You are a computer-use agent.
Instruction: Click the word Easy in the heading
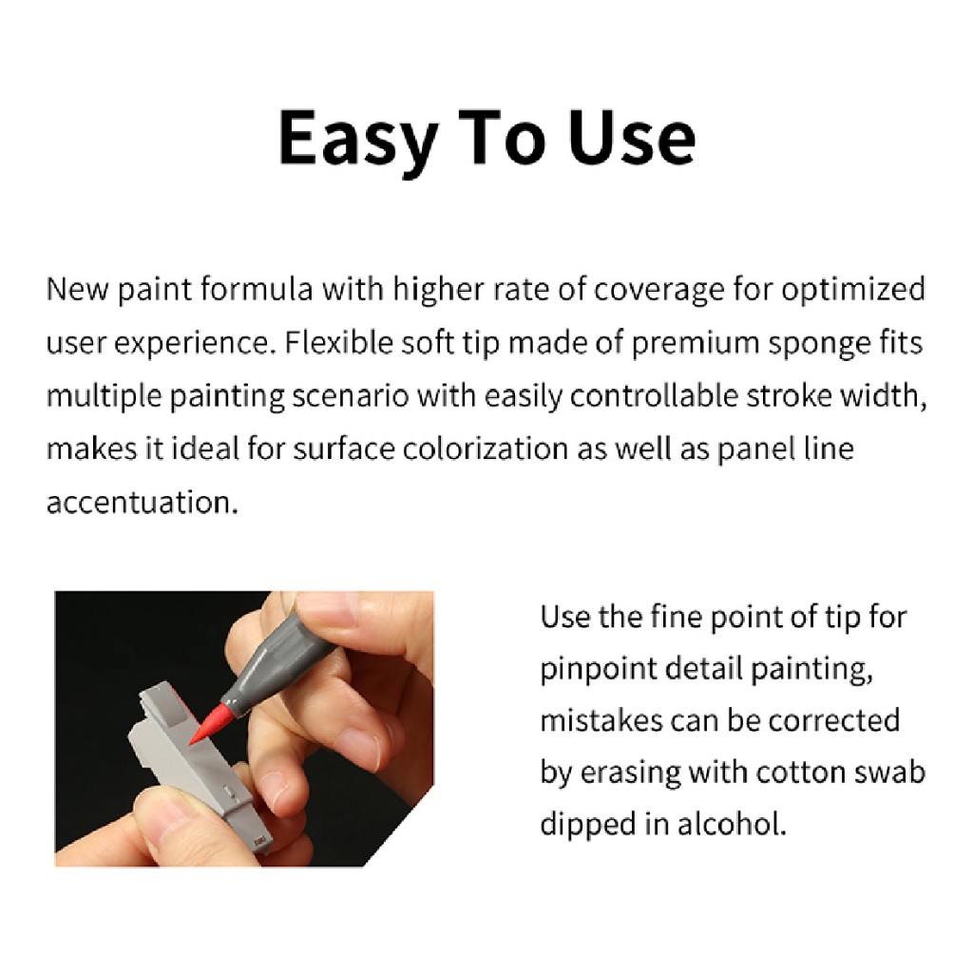pos(358,140)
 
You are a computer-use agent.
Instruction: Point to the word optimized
pos(853,290)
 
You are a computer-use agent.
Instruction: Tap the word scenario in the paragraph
pos(350,396)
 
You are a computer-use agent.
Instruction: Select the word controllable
pos(654,396)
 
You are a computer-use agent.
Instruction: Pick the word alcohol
pos(732,824)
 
